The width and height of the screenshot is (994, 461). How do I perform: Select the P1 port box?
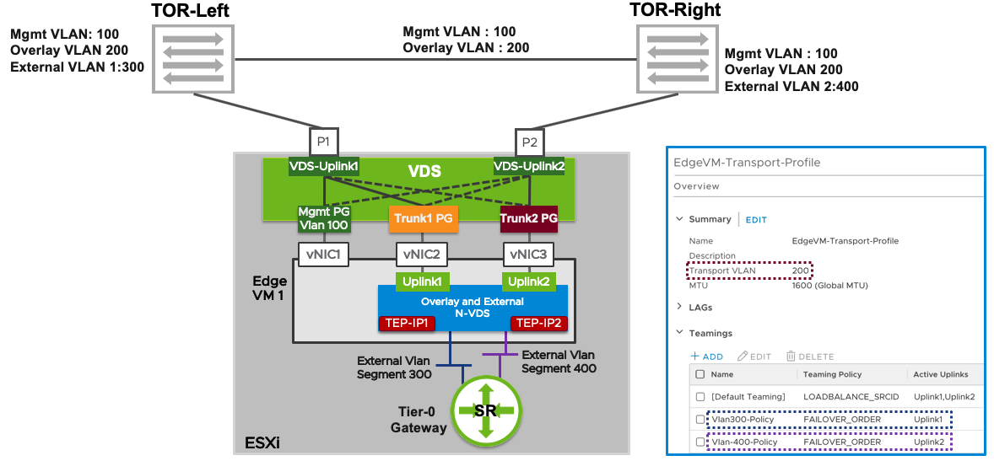click(x=323, y=142)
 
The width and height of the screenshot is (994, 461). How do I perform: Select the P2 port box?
click(x=529, y=142)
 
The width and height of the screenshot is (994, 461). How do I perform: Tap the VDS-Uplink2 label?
click(x=529, y=167)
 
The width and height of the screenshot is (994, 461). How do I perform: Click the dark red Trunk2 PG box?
click(x=529, y=218)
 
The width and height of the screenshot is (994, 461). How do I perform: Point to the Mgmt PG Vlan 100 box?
click(x=323, y=218)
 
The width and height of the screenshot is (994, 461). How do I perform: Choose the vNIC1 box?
click(x=323, y=254)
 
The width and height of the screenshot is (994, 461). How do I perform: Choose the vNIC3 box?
click(x=529, y=254)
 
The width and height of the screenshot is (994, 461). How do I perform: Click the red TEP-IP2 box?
click(x=538, y=323)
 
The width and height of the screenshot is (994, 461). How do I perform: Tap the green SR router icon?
click(x=484, y=410)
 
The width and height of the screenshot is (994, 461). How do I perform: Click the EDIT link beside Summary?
click(x=756, y=219)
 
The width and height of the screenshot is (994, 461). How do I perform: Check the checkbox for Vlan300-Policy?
click(x=700, y=419)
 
